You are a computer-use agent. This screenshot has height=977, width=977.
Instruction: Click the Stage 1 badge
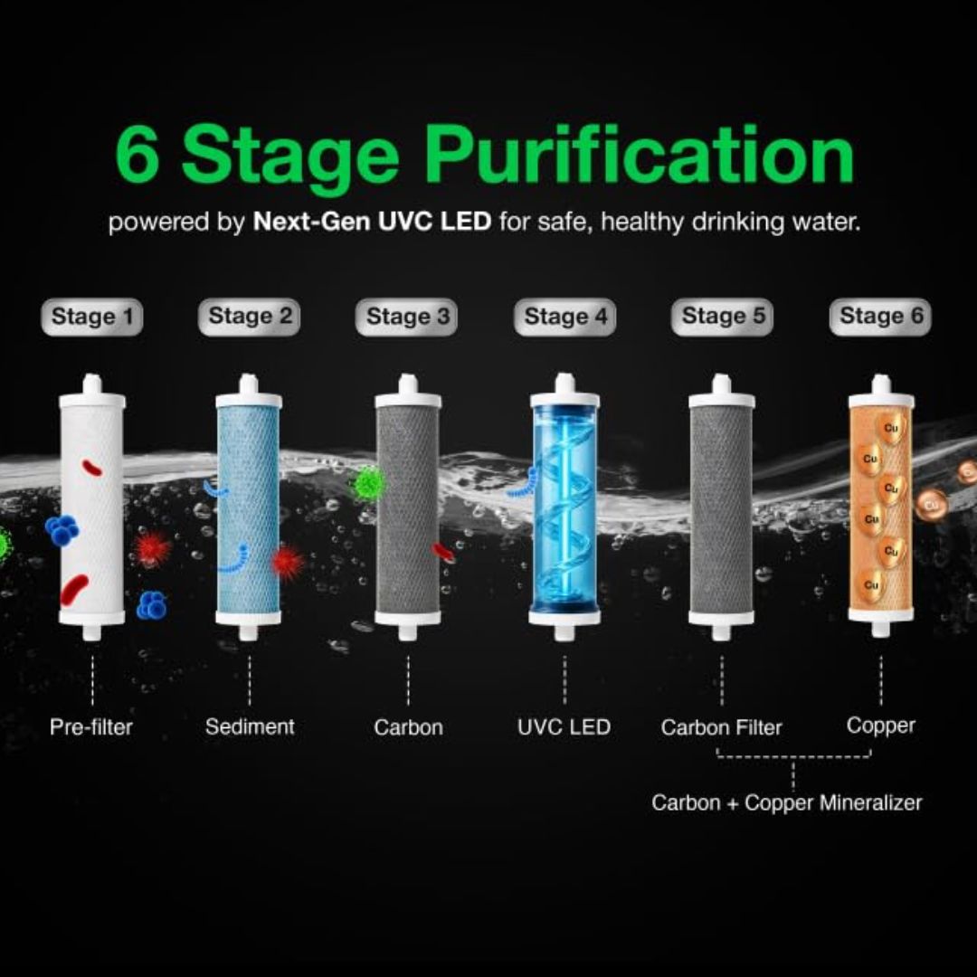pos(92,318)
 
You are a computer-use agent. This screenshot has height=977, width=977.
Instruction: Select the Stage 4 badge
pos(565,318)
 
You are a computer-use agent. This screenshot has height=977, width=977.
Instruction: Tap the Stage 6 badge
pos(880,317)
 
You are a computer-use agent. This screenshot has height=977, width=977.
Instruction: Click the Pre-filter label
pos(91,727)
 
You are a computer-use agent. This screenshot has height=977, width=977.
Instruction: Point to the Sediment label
pos(250,726)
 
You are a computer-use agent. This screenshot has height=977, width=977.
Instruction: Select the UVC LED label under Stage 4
pos(564,727)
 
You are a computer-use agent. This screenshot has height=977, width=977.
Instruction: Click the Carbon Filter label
pos(722,727)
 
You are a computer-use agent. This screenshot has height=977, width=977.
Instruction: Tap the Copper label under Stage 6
pos(881,726)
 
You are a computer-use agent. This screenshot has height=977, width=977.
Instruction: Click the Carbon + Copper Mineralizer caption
pos(787,802)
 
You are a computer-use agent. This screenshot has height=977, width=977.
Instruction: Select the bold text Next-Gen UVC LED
pos(372,222)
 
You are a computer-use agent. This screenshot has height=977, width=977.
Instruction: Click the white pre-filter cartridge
pos(92,507)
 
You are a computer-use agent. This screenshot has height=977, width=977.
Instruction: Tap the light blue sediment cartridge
pos(249,507)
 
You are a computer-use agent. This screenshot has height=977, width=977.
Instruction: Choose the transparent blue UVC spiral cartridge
pos(564,507)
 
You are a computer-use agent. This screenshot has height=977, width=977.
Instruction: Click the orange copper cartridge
pos(881,506)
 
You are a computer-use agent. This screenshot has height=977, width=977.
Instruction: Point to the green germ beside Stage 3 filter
pos(368,483)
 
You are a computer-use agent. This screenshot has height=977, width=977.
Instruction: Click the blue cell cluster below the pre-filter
pos(151,605)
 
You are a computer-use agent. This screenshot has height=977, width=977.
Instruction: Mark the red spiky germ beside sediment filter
pos(287,562)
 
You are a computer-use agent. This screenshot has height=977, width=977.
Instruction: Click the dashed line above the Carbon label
pos(408,679)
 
